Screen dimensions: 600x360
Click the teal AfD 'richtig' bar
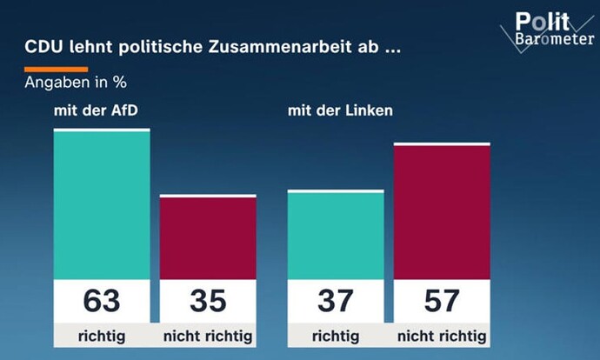pos(102,203)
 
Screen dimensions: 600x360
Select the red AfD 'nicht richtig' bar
pos(208,237)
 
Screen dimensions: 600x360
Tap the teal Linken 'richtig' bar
pos(336,235)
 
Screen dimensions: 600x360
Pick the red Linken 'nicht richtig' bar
pos(442,211)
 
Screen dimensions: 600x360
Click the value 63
pos(102,301)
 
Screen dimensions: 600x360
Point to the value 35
pos(208,301)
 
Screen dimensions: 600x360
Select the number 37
pos(336,301)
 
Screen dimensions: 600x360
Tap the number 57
pos(442,301)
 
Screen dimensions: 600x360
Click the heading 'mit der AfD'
pos(96,110)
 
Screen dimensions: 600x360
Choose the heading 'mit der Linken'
pos(340,110)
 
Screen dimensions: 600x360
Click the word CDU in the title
pos(43,47)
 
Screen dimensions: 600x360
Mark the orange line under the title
pos(57,70)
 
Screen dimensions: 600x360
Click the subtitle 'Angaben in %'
pos(76,83)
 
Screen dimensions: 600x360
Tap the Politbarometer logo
pos(548,30)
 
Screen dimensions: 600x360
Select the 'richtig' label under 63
pos(102,337)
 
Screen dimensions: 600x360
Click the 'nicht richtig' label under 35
pos(208,337)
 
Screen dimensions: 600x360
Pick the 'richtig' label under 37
pos(336,337)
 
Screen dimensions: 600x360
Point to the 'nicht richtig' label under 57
pos(442,337)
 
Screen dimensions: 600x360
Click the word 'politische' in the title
pos(161,47)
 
